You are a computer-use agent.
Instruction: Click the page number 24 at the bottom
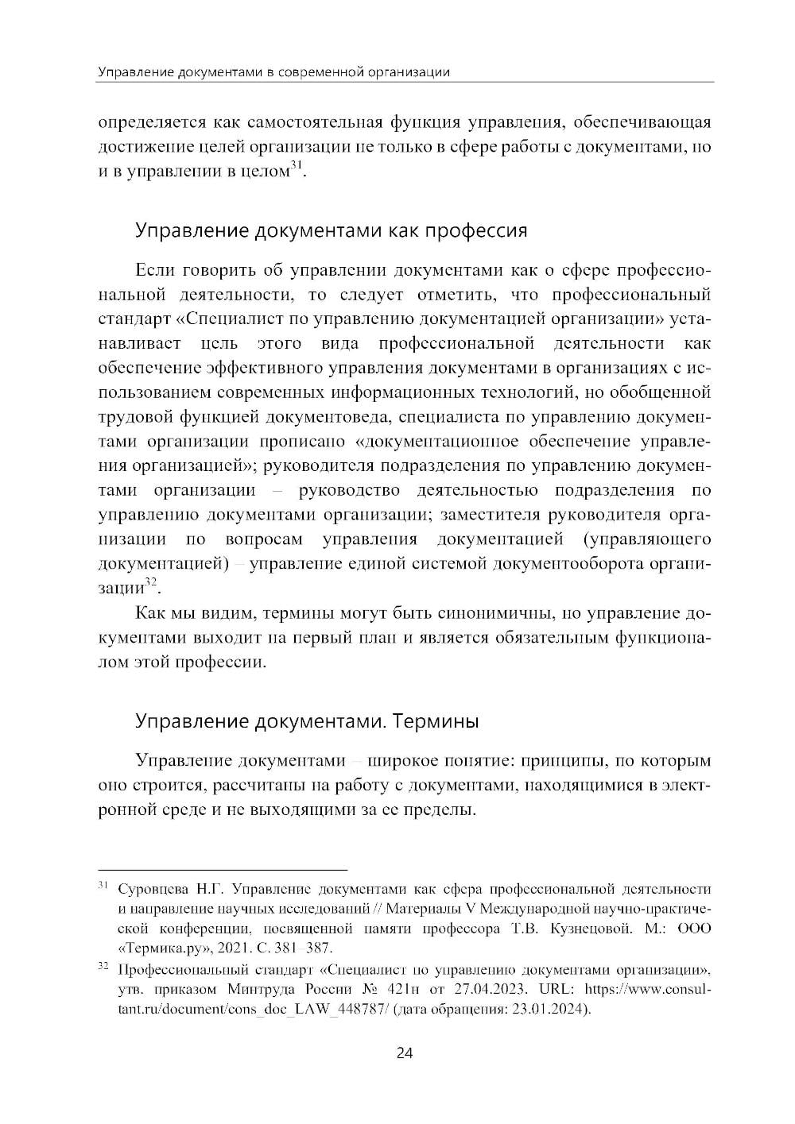click(x=404, y=1053)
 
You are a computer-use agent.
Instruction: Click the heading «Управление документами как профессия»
click(x=331, y=231)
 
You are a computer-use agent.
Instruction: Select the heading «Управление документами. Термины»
click(x=307, y=722)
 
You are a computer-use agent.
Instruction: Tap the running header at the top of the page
click(x=274, y=72)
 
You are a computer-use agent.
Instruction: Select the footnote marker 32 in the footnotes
click(x=103, y=967)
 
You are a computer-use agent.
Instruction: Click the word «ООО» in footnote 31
click(x=693, y=929)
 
